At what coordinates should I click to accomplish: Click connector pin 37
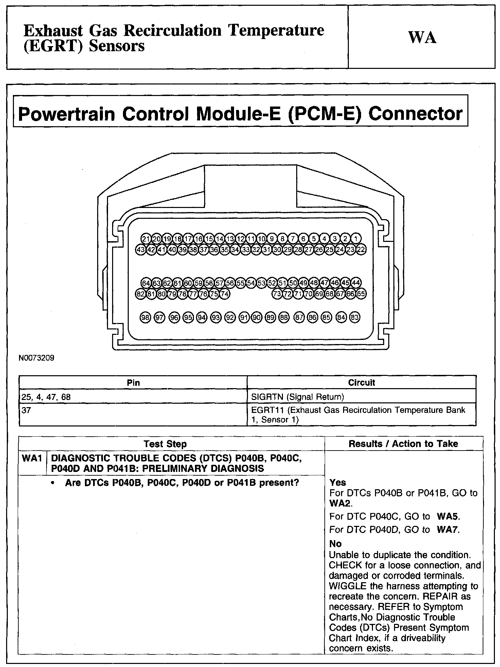(204, 250)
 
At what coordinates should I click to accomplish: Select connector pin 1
(356, 239)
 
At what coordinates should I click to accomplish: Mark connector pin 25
(329, 250)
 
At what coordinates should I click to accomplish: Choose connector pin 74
(225, 294)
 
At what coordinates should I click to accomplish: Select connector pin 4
(324, 239)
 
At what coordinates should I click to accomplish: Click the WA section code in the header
(422, 38)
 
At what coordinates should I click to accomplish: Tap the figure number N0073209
(37, 358)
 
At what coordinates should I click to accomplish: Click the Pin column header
(133, 383)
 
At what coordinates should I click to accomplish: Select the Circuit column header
(361, 383)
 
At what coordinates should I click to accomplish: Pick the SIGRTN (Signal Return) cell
(297, 397)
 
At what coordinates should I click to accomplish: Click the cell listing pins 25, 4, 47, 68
(46, 397)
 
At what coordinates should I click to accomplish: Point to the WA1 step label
(32, 458)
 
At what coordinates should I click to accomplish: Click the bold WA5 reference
(448, 517)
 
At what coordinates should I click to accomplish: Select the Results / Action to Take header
(403, 444)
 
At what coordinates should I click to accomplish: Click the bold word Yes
(338, 482)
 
